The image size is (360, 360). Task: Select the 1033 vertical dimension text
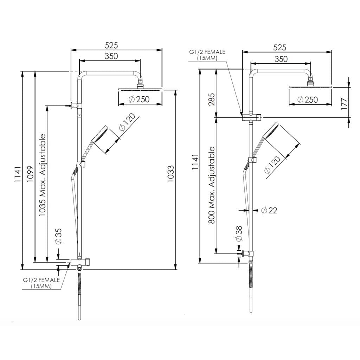tap(170, 174)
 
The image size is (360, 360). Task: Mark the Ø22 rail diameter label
tap(269, 211)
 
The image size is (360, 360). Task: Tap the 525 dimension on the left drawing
tap(111, 45)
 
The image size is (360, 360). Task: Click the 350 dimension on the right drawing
tap(281, 59)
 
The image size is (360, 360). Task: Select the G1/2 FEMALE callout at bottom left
tap(41, 283)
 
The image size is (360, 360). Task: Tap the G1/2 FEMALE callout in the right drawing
tap(207, 55)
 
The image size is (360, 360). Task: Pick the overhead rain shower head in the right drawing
tap(310, 86)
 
